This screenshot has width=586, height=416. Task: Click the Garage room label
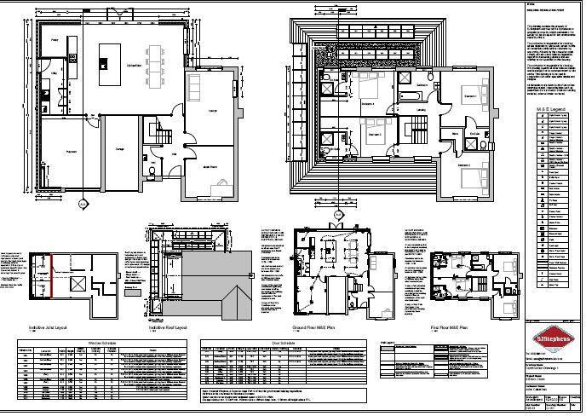[121, 148]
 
